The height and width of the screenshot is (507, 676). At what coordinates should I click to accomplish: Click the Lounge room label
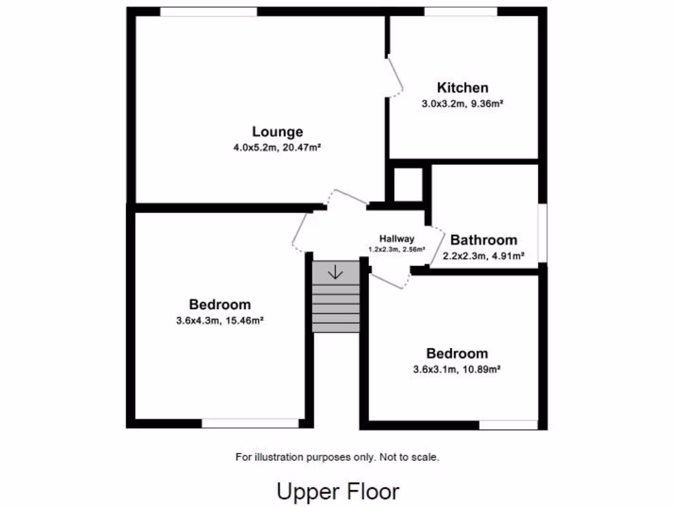tap(277, 131)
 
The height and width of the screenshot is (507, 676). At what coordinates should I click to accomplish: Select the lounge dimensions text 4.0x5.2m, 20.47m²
tap(277, 148)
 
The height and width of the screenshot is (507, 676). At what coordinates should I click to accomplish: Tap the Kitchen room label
tap(463, 88)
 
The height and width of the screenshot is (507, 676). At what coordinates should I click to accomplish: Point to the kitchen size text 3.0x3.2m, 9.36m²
tap(463, 104)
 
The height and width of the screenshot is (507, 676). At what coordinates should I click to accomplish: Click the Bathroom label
tap(483, 240)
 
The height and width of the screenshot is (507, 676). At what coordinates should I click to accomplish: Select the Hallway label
tap(397, 239)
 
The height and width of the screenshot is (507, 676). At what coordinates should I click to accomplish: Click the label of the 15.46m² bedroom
tap(220, 304)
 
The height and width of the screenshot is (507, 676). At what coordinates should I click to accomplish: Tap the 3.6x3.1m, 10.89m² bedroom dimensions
tap(457, 370)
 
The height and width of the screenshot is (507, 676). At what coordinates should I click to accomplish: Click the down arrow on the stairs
tap(335, 271)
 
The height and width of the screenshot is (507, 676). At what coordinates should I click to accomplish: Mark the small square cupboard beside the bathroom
tap(408, 185)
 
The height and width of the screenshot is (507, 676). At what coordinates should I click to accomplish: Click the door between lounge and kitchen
tap(395, 77)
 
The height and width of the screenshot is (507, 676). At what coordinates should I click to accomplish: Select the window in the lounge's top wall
tap(209, 11)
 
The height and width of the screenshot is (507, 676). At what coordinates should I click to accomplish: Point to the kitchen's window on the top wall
tap(460, 11)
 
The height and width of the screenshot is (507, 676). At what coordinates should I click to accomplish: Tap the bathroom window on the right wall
tap(542, 232)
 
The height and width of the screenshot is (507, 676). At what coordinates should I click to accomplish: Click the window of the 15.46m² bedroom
tap(250, 423)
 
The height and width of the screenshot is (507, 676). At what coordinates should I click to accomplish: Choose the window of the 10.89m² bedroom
tap(508, 424)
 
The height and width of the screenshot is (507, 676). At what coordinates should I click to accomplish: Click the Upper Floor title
tap(337, 492)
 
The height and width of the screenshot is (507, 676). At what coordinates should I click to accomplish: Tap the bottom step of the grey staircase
tap(335, 326)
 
